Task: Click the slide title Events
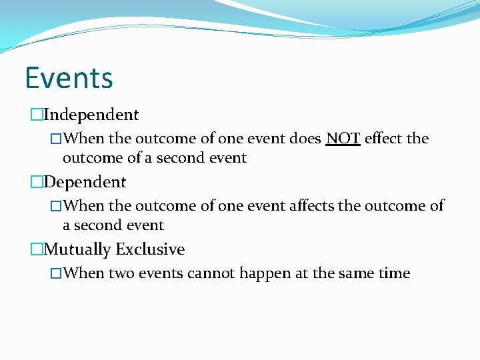pos(69,78)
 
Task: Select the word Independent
pos(91,115)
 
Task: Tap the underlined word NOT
pos(343,139)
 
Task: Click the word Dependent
pos(85,182)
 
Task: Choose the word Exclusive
pos(150,249)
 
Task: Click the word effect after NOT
pos(383,139)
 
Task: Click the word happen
pos(273,273)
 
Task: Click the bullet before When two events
pos(57,274)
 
